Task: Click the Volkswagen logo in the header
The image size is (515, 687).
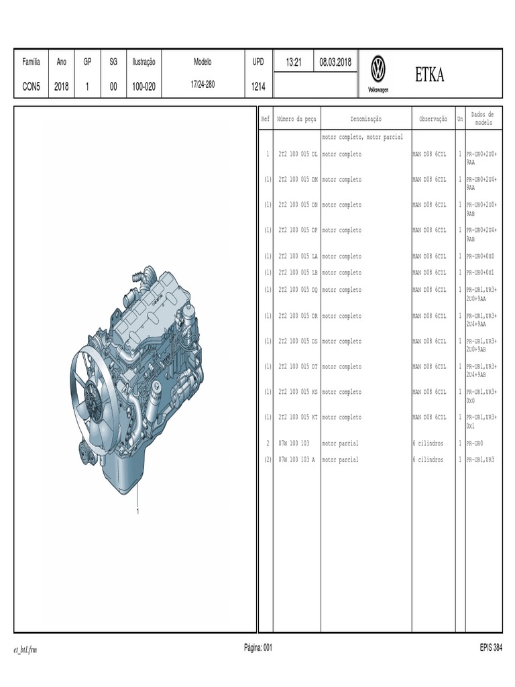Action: point(378,69)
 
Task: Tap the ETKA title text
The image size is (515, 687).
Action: point(430,75)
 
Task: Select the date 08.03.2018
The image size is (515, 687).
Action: point(335,62)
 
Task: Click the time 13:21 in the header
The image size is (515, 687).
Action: point(294,62)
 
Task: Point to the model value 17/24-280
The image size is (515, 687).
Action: point(203,84)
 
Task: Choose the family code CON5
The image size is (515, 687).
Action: point(31,87)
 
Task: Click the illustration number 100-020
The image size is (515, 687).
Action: point(144,87)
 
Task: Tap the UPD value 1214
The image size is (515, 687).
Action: point(258,87)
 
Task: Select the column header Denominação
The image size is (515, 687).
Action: point(365,119)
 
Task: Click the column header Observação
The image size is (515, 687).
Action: point(433,119)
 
